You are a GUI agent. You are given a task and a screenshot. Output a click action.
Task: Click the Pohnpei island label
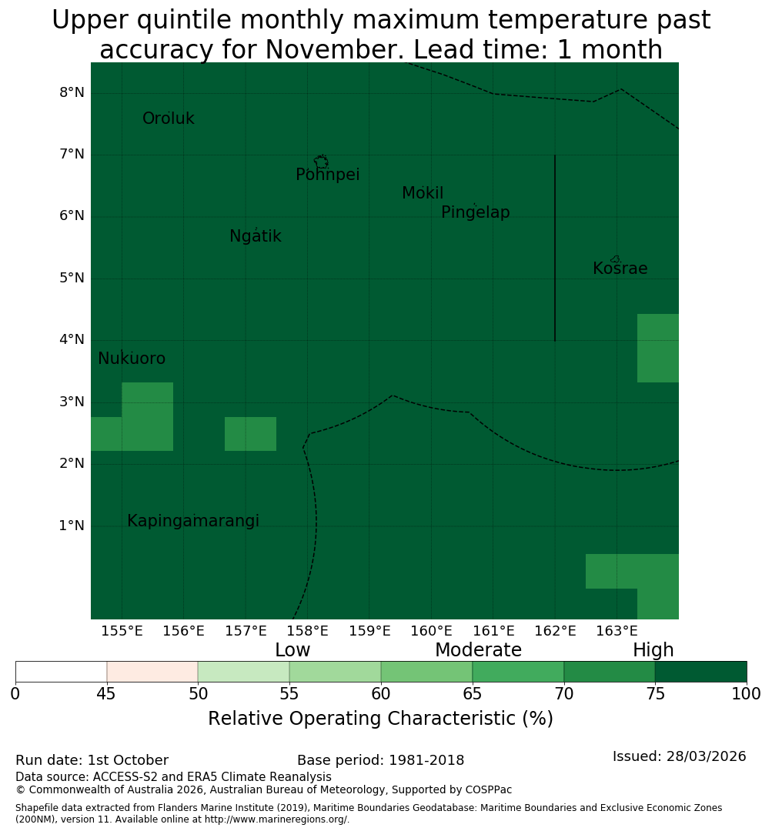327,175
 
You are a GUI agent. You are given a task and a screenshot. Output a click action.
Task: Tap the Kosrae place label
620,269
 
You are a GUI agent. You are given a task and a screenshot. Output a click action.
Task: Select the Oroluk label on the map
168,118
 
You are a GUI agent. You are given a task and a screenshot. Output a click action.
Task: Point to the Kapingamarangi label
193,521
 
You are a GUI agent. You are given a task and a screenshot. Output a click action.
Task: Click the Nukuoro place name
132,359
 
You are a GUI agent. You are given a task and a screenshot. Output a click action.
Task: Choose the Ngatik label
255,236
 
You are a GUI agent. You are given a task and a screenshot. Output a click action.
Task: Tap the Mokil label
422,193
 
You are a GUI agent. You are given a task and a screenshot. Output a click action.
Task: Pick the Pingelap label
475,212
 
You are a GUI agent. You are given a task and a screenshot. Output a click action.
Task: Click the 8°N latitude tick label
72,93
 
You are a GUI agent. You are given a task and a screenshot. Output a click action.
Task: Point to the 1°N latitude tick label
72,526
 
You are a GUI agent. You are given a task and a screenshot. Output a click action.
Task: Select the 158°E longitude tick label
307,631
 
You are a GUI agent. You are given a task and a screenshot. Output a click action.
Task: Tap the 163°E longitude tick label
617,631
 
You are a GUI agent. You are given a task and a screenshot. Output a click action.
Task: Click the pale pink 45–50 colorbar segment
152,672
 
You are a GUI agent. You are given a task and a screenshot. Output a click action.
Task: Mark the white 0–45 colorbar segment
62,672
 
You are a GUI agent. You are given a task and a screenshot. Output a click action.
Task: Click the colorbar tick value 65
473,694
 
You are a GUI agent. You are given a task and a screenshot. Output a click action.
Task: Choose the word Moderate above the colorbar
478,649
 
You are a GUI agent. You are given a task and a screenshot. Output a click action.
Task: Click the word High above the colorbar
653,649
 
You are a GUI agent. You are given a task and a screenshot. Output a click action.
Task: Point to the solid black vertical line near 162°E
555,248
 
